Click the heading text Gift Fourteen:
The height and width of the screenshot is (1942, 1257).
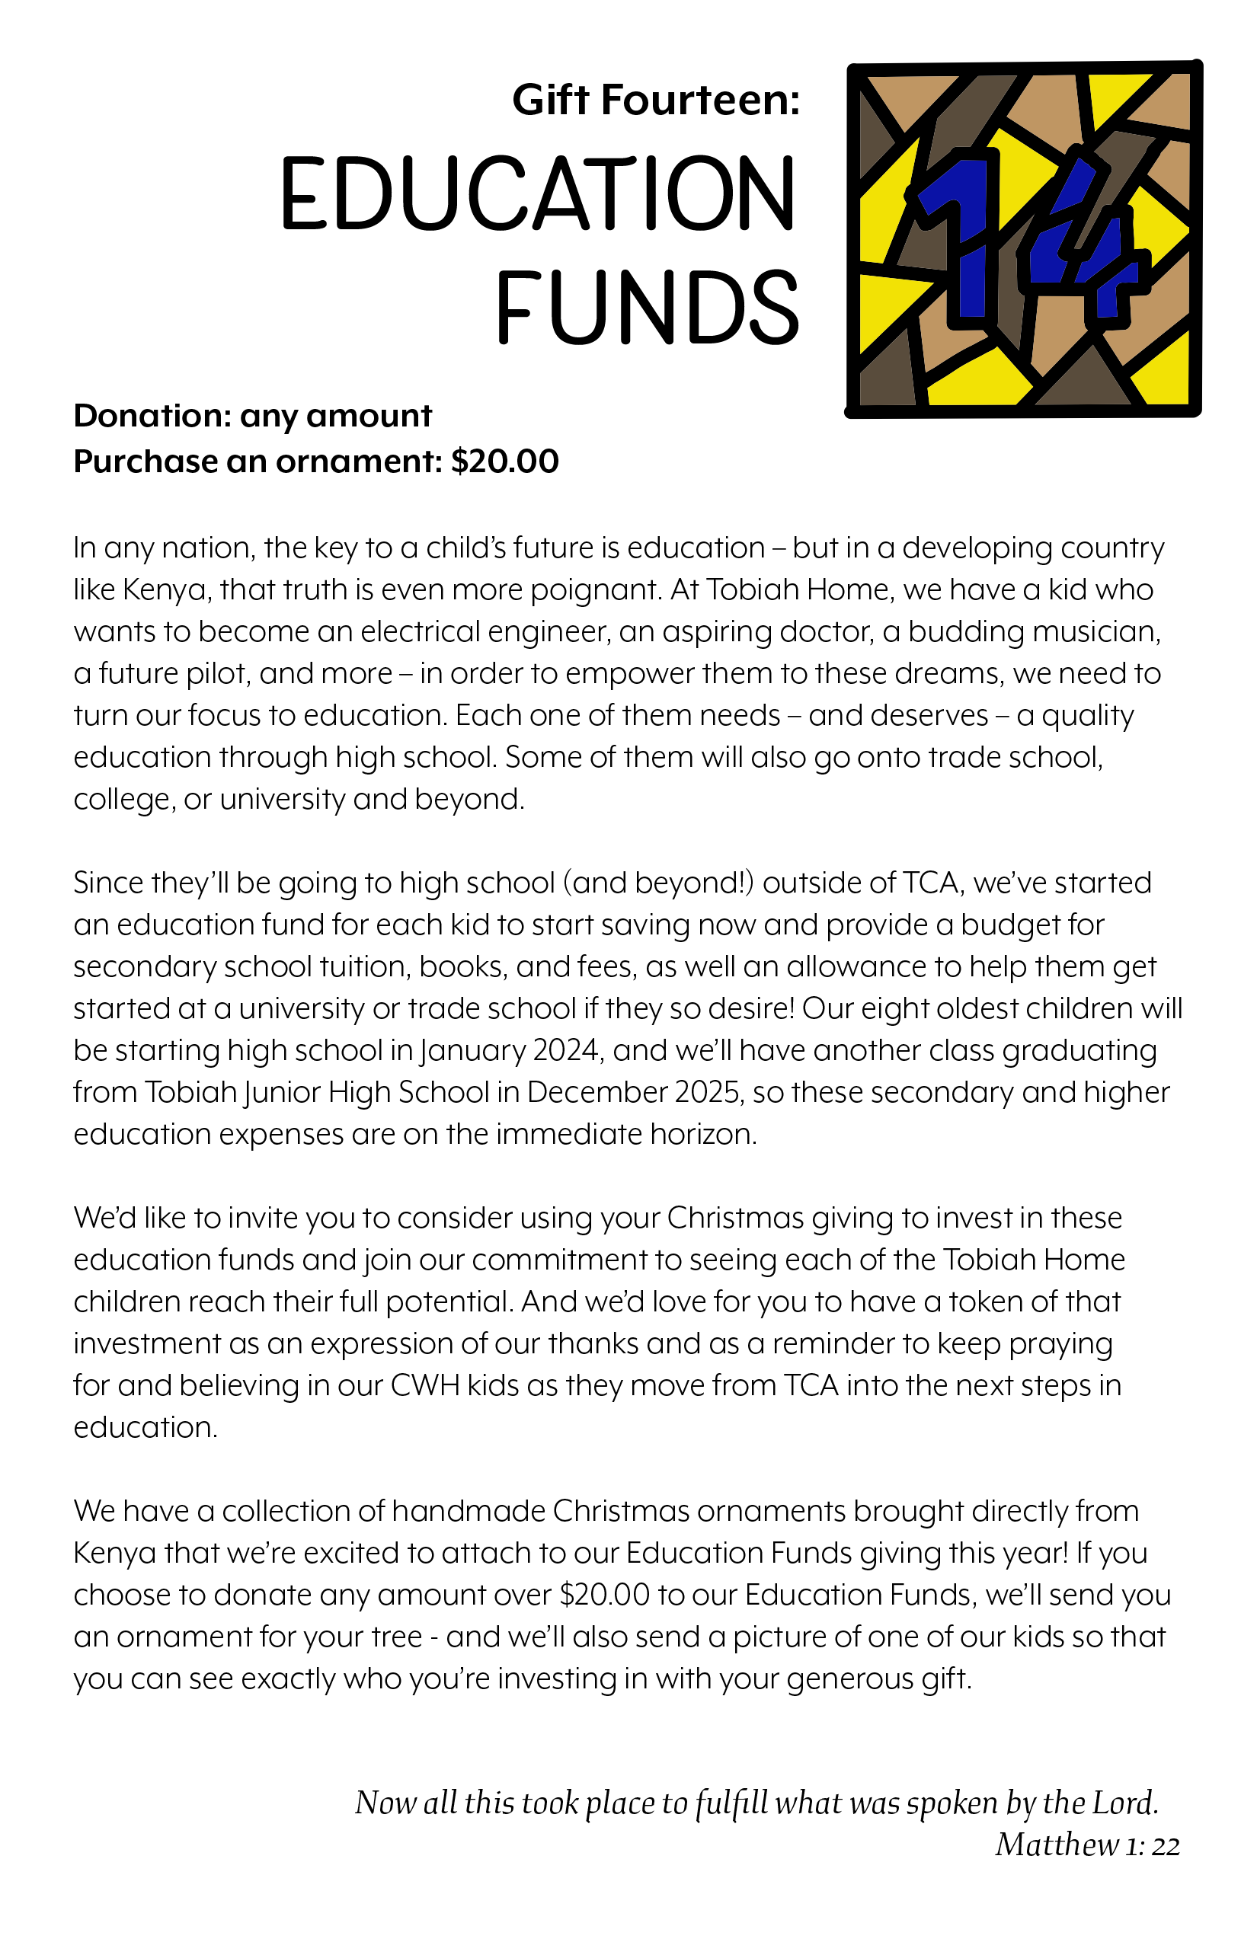coord(655,101)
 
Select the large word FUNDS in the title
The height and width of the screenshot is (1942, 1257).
coord(648,307)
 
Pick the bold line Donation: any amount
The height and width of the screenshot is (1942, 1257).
coord(252,416)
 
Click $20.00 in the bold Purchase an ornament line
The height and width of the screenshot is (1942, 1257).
coord(504,462)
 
